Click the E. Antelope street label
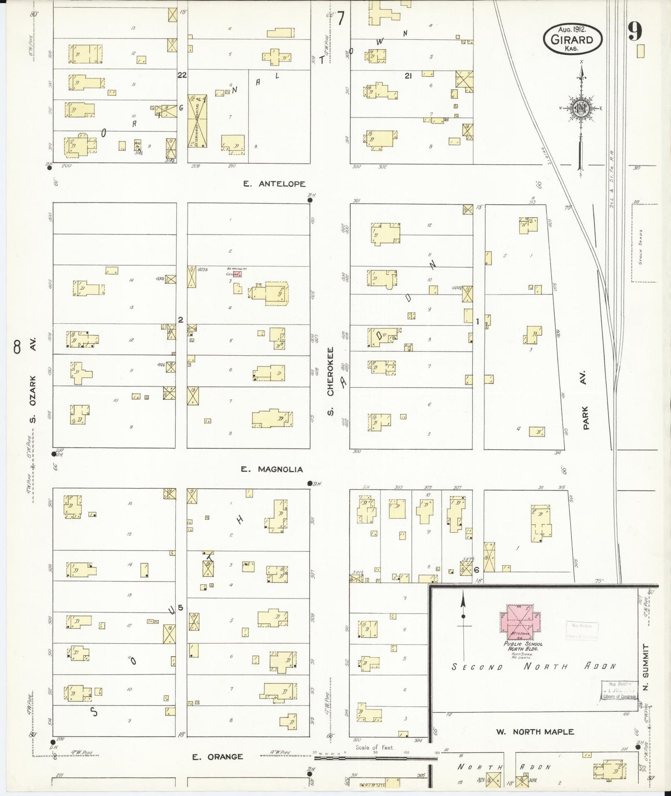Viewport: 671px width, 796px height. pos(274,184)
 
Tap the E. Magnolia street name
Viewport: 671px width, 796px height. pos(272,470)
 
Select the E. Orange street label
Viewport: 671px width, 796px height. pos(218,757)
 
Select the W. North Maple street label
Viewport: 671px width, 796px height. pos(535,732)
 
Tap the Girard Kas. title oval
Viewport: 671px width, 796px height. pos(573,39)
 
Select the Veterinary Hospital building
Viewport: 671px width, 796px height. pos(197,121)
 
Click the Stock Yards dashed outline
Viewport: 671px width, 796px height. pos(644,241)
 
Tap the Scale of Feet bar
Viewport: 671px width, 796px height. pos(375,758)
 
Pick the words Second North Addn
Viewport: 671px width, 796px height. pos(534,667)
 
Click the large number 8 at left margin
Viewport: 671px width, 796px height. pos(18,346)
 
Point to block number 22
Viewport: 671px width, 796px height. pos(182,75)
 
